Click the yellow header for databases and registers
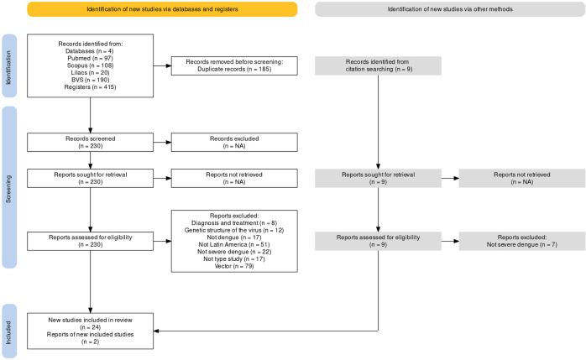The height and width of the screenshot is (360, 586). (x=162, y=9)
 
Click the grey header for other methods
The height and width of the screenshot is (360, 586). (x=450, y=9)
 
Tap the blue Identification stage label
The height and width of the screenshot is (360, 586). (x=9, y=66)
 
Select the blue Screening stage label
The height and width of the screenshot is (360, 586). (x=9, y=187)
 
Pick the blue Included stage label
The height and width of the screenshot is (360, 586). (x=9, y=331)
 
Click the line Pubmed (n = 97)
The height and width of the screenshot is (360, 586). (x=90, y=58)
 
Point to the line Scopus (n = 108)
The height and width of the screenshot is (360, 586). (x=90, y=65)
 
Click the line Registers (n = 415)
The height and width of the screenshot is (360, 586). (x=90, y=87)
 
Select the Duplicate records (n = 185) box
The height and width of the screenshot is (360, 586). (x=234, y=65)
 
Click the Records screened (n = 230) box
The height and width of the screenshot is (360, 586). (x=90, y=143)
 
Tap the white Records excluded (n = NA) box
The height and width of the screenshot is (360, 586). (x=234, y=143)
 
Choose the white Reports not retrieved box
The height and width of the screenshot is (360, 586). (x=234, y=178)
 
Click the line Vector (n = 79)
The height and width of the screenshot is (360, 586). (x=234, y=266)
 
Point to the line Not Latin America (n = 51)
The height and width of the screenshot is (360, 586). (x=234, y=244)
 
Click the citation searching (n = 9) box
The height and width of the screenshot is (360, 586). (x=378, y=65)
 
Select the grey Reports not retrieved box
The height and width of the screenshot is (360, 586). (x=522, y=178)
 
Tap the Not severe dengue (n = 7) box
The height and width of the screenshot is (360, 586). (x=522, y=241)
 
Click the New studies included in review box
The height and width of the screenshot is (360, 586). (x=90, y=331)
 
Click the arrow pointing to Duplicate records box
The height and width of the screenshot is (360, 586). (x=162, y=65)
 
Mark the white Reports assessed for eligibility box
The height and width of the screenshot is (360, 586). (x=90, y=241)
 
